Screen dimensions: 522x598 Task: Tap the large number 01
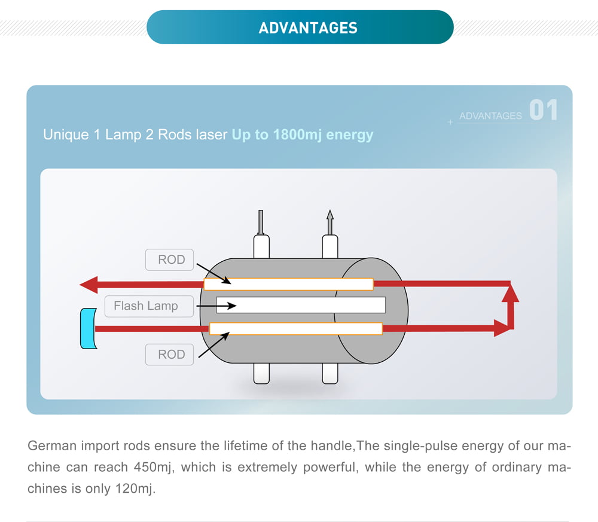[543, 111]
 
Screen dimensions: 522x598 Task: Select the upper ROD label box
[170, 260]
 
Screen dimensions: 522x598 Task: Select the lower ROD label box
[170, 355]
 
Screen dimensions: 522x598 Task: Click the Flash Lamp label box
[145, 306]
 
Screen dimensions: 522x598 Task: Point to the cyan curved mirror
[89, 328]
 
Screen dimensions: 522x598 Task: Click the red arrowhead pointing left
[89, 284]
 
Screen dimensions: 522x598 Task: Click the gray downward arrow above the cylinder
[260, 222]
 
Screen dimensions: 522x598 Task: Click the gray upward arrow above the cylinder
[329, 222]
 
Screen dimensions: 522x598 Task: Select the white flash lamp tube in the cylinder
[300, 305]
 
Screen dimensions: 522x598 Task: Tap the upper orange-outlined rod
[288, 284]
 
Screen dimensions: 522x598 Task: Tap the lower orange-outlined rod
[295, 328]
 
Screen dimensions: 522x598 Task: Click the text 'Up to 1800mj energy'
[302, 135]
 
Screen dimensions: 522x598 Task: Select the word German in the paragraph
[51, 446]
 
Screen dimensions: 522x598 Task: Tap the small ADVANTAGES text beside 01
[490, 116]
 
